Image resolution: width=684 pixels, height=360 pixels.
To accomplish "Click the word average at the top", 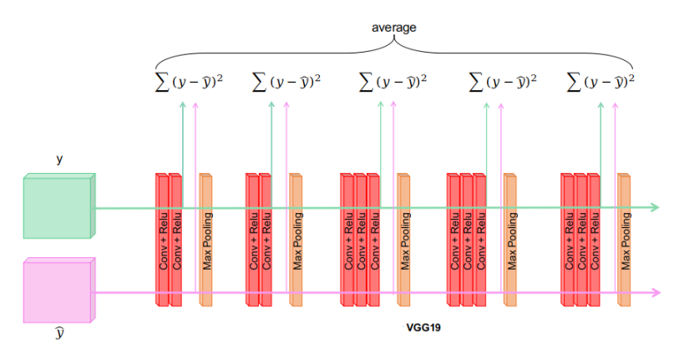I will (x=393, y=28).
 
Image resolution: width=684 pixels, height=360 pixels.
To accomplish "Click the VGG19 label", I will (x=423, y=328).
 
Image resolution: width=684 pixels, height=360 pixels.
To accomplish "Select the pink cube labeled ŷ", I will (x=58, y=292).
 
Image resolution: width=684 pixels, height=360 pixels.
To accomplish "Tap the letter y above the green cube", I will (x=59, y=158).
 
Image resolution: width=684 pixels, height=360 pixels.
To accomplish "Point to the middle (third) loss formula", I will (x=393, y=82).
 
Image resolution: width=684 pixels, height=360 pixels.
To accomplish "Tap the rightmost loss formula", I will (x=601, y=82).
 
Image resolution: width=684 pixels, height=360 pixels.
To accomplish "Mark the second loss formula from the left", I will (x=286, y=82).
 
